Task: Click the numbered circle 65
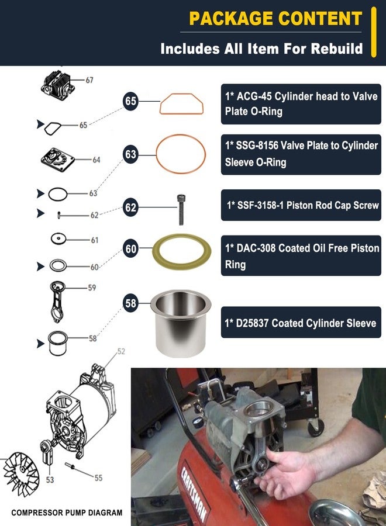[130, 101]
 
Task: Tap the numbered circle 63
[130, 154]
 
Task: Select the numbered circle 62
[130, 207]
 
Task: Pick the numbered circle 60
[130, 249]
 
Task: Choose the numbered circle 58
[130, 303]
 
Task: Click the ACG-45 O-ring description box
[301, 104]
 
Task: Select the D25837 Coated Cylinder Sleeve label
[301, 323]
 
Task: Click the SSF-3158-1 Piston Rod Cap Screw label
[301, 206]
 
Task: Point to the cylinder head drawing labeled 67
[59, 84]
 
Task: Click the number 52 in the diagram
[121, 351]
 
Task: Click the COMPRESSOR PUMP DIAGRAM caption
[67, 513]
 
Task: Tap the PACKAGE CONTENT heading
[275, 18]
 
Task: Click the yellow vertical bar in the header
[374, 32]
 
